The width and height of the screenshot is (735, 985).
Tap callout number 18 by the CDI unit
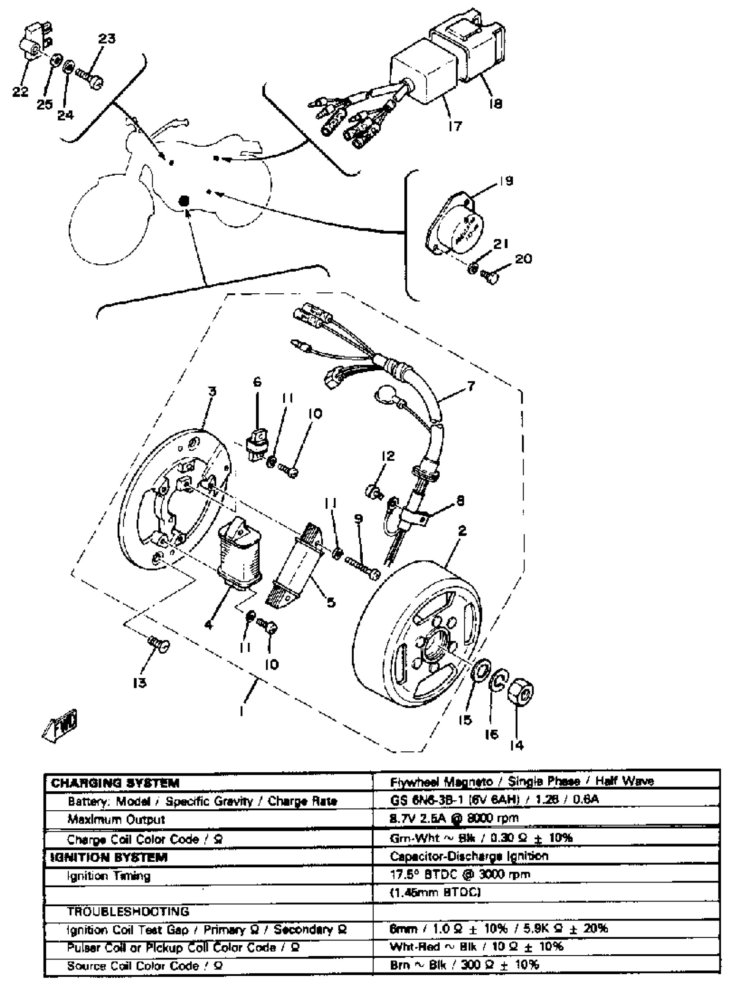pos(495,103)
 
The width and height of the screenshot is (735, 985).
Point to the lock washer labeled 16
pos(498,680)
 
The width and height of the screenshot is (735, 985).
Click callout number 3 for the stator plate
pos(212,391)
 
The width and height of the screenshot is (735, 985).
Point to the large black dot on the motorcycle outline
pos(183,201)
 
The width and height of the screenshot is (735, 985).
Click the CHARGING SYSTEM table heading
pos(115,783)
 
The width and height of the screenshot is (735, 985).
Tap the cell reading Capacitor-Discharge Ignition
pos(469,856)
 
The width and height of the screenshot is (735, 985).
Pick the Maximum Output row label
pos(116,819)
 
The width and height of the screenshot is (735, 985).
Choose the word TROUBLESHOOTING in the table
pos(128,911)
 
